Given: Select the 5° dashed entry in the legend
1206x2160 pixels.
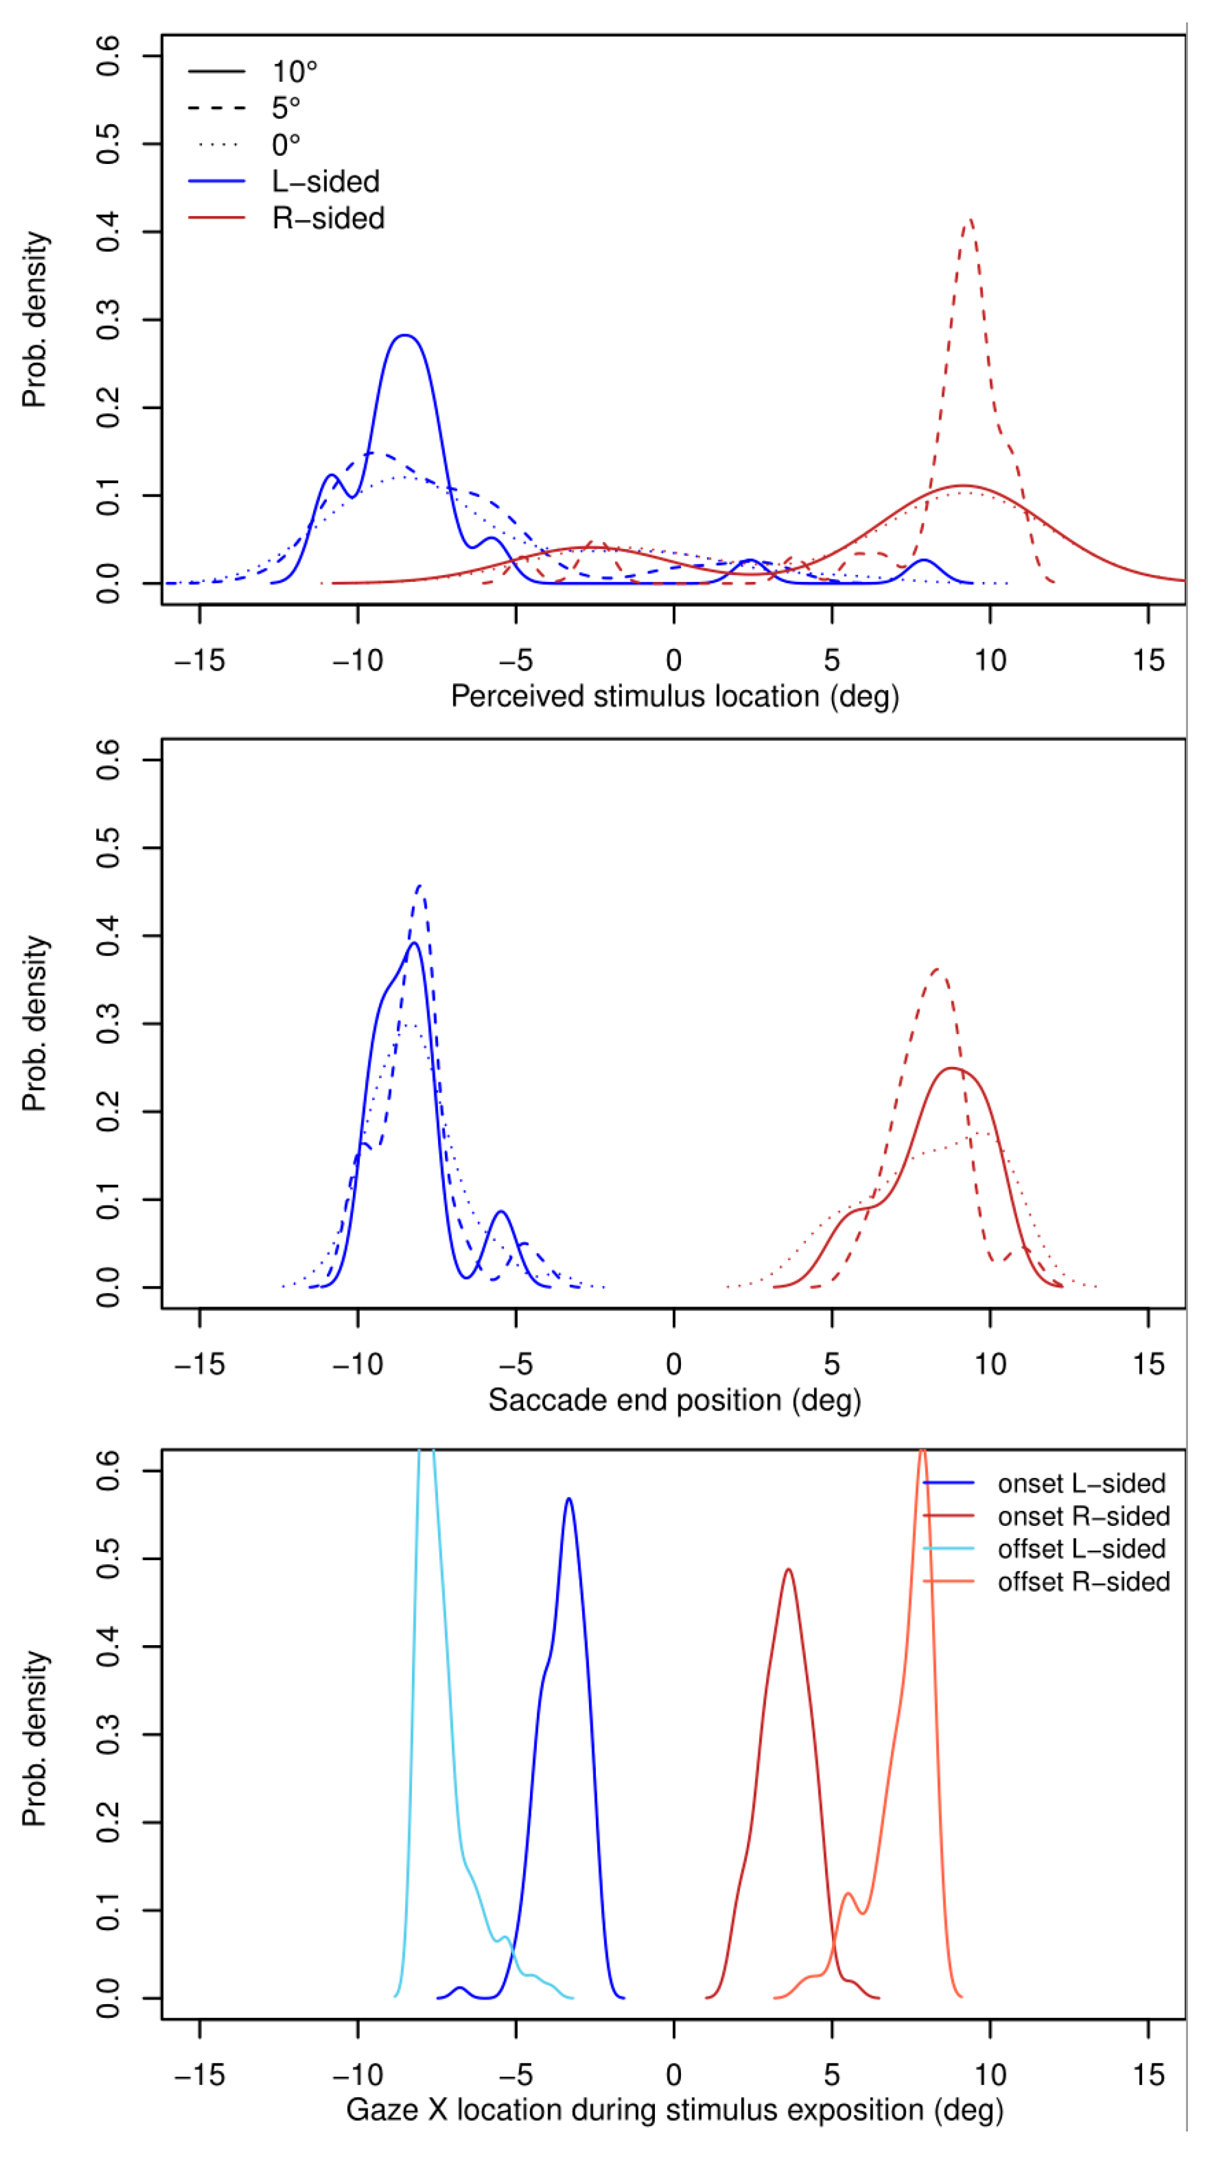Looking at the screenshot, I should point(285,108).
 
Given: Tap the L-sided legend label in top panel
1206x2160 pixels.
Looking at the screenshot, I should point(326,181).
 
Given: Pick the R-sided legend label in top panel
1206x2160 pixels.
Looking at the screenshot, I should point(328,218).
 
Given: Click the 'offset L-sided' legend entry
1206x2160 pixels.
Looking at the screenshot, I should point(1081,1549).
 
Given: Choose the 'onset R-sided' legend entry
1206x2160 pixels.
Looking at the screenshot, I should point(1083,1516).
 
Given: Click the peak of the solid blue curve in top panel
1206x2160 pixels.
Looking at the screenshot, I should point(406,335).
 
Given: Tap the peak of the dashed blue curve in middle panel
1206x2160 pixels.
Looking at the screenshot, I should point(420,886).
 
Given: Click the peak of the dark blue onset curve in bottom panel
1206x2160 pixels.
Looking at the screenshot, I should point(570,1499).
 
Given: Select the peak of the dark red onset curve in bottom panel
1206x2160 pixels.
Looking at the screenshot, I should point(788,1569).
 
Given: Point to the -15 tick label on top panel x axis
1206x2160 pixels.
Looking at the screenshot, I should point(199,661).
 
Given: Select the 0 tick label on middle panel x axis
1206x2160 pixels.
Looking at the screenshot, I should point(674,1364).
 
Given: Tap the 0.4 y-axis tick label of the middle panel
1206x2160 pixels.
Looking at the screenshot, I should point(108,936).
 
